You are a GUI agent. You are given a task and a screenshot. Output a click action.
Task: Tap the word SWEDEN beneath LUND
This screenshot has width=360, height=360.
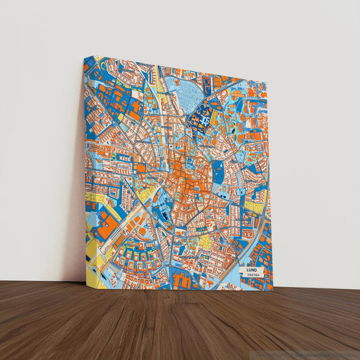[253, 276]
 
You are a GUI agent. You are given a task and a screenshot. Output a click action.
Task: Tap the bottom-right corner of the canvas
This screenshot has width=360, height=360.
[273, 291]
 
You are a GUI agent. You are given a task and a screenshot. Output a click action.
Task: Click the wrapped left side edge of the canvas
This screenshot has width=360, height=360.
[86, 169]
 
